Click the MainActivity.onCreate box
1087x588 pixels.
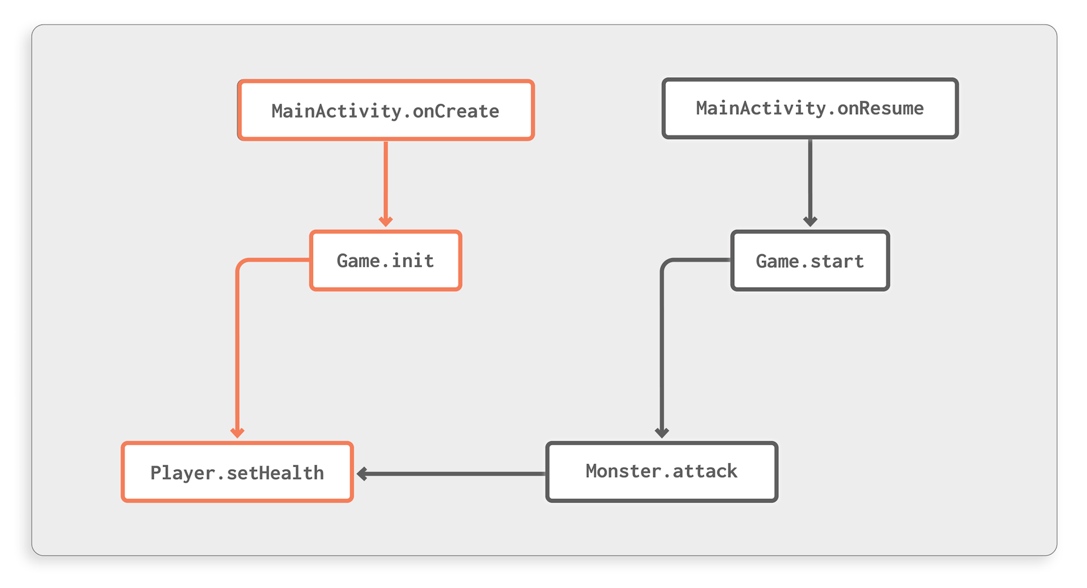tap(386, 110)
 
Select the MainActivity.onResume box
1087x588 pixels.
tap(810, 108)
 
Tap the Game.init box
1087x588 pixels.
tap(386, 260)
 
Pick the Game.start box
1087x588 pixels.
tap(810, 260)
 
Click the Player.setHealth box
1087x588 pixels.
tap(237, 472)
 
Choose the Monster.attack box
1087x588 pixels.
tap(662, 472)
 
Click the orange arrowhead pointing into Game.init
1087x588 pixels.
tap(386, 221)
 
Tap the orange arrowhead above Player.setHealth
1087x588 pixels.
tap(237, 433)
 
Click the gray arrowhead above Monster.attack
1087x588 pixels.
tap(662, 433)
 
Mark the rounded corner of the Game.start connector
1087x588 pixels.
tap(666, 264)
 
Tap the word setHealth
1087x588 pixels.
tap(275, 473)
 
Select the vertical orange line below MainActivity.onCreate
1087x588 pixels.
tap(386, 180)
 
